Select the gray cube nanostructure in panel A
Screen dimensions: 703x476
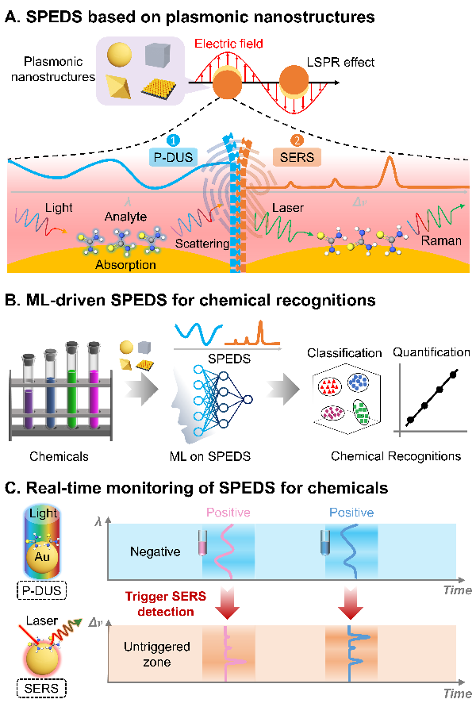156,55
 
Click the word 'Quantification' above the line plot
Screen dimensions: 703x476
432,352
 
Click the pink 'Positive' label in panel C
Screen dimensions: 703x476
227,512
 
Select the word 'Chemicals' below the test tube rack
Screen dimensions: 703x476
57,456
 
